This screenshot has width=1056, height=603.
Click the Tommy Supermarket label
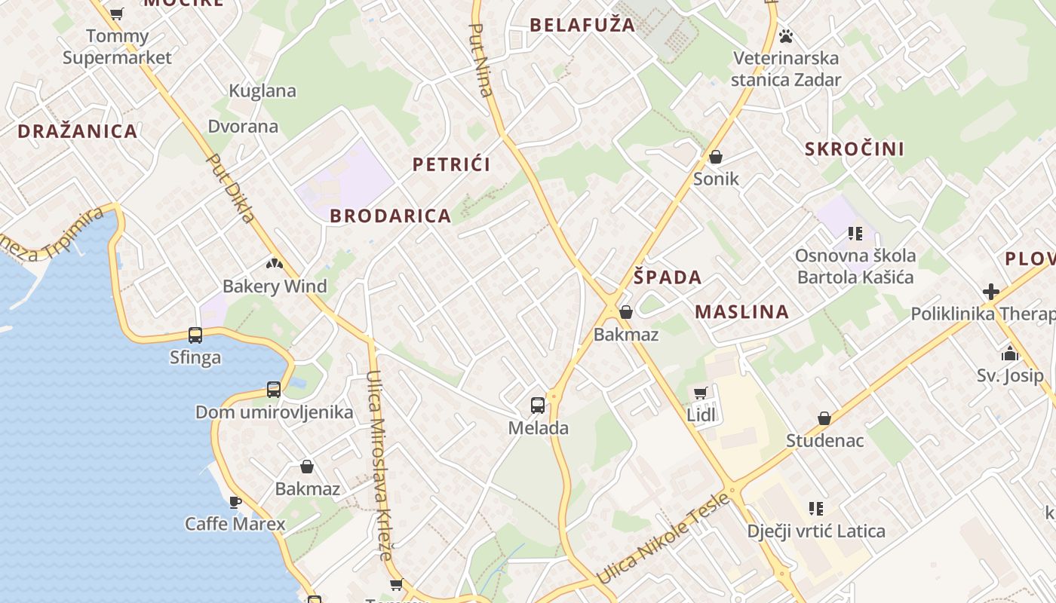(x=117, y=47)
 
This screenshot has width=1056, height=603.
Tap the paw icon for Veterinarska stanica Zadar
(x=786, y=35)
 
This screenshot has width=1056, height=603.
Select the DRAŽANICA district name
(x=78, y=131)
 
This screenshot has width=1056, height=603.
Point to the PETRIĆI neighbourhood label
(x=451, y=164)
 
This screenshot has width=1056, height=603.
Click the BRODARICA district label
(x=391, y=216)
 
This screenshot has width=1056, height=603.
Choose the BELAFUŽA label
(x=582, y=25)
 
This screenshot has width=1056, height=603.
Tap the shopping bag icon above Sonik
(x=716, y=157)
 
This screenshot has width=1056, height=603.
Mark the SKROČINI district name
(x=855, y=148)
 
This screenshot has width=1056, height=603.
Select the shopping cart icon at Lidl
(x=701, y=393)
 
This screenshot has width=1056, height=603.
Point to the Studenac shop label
(x=824, y=440)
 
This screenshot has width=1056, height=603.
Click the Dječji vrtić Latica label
(x=816, y=531)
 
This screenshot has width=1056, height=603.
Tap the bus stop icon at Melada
(x=538, y=406)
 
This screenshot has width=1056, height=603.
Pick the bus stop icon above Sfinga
(x=195, y=335)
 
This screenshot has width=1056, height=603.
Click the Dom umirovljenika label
(x=274, y=412)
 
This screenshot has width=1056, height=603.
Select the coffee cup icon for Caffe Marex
(x=235, y=501)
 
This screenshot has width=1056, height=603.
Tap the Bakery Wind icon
(x=275, y=264)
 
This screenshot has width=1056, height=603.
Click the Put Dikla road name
(x=230, y=189)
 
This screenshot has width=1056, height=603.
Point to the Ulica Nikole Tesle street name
(x=664, y=538)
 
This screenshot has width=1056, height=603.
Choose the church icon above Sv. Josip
(x=1010, y=353)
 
